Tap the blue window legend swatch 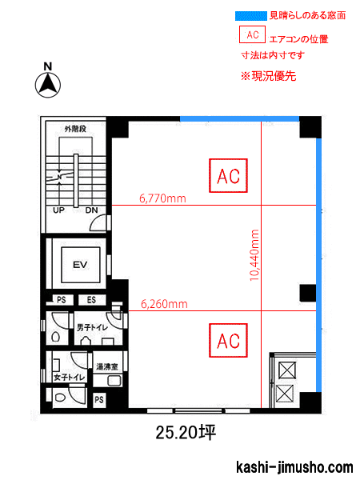250,15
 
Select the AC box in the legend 252,35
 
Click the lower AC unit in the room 229,340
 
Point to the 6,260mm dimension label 164,304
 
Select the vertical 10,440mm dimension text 254,254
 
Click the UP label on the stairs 59,211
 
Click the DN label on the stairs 92,211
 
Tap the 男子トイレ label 92,328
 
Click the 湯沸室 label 108,366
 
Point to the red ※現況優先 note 269,76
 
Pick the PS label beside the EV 60,300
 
